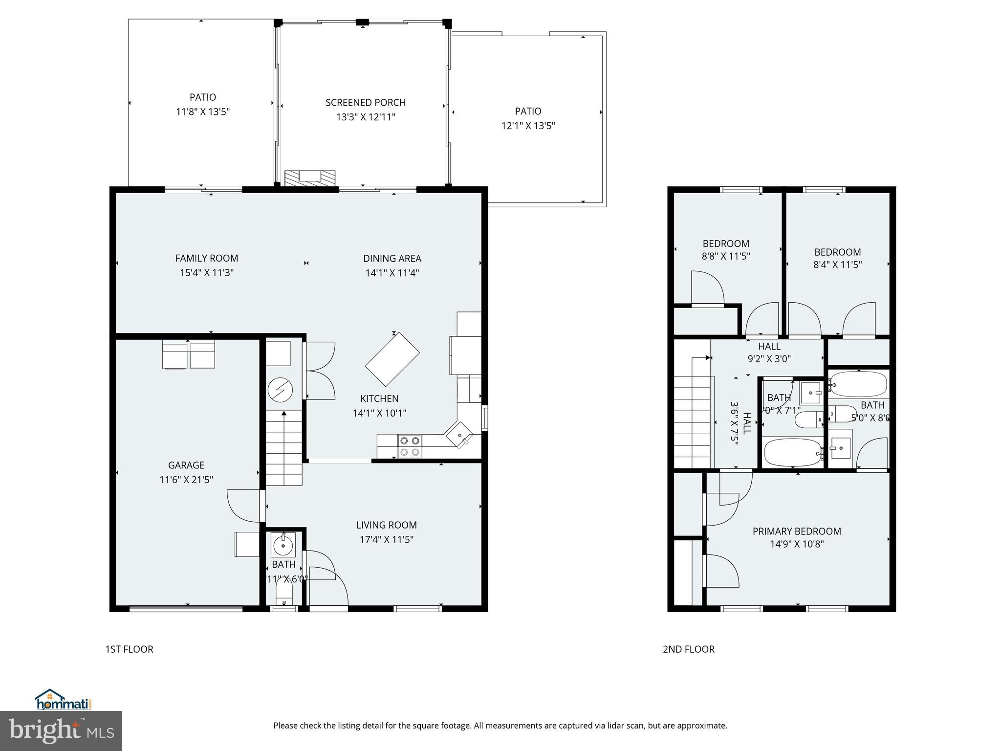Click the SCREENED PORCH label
pyautogui.click(x=366, y=103)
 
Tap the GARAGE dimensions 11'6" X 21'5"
pyautogui.click(x=186, y=480)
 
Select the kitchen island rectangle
pyautogui.click(x=392, y=359)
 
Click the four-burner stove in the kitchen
pyautogui.click(x=410, y=446)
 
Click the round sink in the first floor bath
pyautogui.click(x=283, y=545)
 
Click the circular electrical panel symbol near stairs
pyautogui.click(x=280, y=390)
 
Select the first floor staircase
pyautogui.click(x=284, y=447)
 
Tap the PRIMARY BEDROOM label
pyautogui.click(x=797, y=531)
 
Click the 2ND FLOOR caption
pyautogui.click(x=688, y=649)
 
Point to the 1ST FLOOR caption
pyautogui.click(x=129, y=649)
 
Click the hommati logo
pyautogui.click(x=63, y=700)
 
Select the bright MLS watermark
pyautogui.click(x=61, y=731)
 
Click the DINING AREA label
pyautogui.click(x=392, y=258)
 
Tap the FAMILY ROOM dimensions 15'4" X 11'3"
pyautogui.click(x=207, y=273)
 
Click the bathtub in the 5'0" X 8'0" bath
pyautogui.click(x=858, y=384)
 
